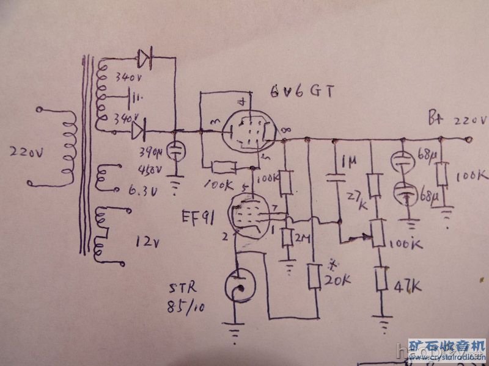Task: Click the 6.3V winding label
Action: point(142,190)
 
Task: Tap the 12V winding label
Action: point(147,243)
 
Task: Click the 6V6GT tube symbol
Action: point(250,129)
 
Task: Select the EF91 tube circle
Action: point(250,213)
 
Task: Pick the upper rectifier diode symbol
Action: point(145,59)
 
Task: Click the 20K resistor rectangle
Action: point(315,278)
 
